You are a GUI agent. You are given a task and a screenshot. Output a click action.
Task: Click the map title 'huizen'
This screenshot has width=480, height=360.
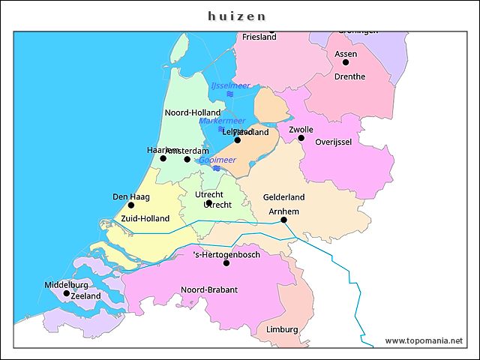pos(237,16)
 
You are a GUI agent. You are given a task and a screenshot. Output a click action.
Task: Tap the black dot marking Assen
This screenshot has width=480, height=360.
pos(346,62)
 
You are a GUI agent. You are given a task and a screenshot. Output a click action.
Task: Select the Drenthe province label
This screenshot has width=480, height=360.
pos(349,76)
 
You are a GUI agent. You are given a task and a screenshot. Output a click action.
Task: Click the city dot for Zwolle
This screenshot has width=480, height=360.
pos(301,138)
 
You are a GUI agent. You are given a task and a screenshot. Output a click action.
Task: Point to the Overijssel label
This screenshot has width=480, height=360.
pos(334,142)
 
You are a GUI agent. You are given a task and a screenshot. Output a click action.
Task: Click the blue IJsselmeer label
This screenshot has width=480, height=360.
pos(230,85)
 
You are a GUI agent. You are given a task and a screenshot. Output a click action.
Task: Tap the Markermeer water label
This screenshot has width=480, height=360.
pos(221,121)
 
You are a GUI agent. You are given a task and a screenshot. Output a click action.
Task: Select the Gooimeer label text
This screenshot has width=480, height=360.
pos(217,160)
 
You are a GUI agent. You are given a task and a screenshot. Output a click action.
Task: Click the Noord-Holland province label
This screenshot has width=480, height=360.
pos(193,113)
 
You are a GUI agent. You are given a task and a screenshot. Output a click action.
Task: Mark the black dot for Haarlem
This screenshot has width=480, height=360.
pos(163,158)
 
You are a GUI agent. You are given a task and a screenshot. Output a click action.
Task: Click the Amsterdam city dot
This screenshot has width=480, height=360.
pos(187,159)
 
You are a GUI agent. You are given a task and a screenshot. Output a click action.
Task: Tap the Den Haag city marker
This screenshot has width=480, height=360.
pos(131,205)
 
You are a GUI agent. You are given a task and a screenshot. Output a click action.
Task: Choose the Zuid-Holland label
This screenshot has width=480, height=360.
pos(145,219)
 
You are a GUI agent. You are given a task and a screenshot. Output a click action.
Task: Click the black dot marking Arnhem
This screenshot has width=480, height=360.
pos(283,220)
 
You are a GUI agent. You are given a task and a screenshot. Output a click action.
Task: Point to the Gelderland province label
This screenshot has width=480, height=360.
pos(283,197)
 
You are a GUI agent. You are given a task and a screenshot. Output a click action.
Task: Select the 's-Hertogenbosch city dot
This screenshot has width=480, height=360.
pos(226,263)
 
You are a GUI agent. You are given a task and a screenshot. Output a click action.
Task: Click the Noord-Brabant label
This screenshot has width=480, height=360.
pos(209,289)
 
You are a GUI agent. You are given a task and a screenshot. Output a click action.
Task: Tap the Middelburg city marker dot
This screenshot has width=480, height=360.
pos(67,293)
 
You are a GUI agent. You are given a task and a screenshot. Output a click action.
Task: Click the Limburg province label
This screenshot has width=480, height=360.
pos(282,330)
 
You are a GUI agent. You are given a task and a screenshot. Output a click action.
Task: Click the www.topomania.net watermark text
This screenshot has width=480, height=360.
pos(424,340)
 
